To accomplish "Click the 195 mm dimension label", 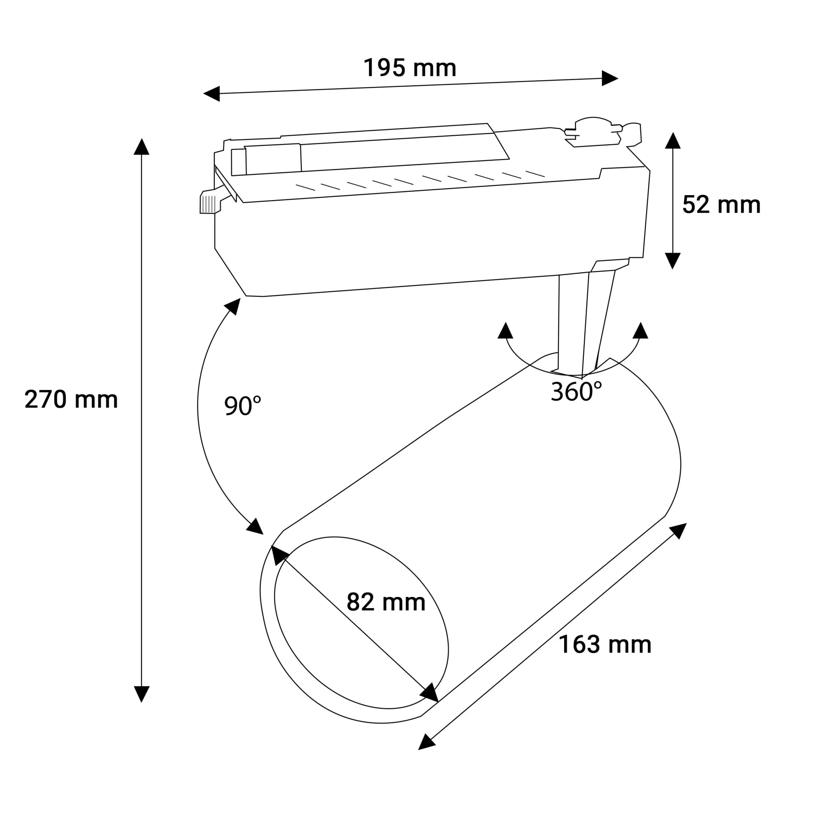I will pos(410,68).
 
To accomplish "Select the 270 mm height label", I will pos(71,400).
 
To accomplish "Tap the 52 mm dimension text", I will pos(721,205).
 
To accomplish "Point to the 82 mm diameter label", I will pos(386,602).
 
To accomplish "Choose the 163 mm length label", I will pos(604,645).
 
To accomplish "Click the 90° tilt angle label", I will pos(242,406).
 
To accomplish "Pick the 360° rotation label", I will pos(576,392).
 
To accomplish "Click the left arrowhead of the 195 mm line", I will pos(212,93).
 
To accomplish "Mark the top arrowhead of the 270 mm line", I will pos(141,147).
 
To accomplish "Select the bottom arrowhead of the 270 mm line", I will pos(141,694).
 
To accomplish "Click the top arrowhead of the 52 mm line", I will pos(673,141).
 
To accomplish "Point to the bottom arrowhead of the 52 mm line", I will pos(673,260).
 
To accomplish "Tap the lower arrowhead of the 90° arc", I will pos(255,527).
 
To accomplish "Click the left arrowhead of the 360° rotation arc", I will pos(505,331).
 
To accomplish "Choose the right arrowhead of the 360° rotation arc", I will pos(640,331).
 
